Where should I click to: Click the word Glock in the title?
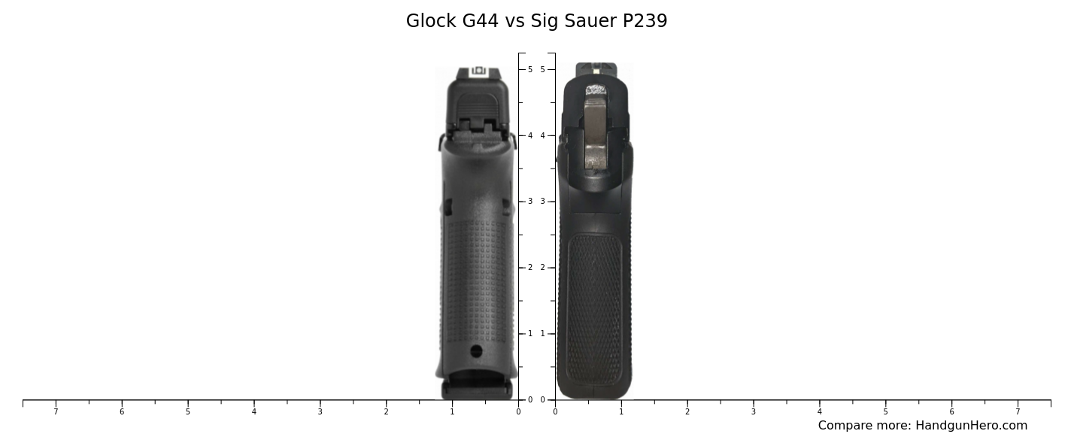pyautogui.click(x=426, y=21)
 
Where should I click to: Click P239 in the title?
pyautogui.click(x=645, y=21)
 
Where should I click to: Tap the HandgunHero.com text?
pyautogui.click(x=971, y=426)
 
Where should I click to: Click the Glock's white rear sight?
pyautogui.click(x=478, y=71)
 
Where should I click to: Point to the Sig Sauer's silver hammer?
pyautogui.click(x=596, y=128)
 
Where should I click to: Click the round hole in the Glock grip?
pyautogui.click(x=476, y=351)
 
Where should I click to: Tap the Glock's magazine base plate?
pyautogui.click(x=477, y=389)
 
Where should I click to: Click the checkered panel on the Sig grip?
pyautogui.click(x=594, y=308)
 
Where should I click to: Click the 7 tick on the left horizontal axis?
pyautogui.click(x=56, y=411)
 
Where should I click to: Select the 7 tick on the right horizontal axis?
pyautogui.click(x=1018, y=411)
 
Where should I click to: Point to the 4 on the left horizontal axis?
pyautogui.click(x=253, y=411)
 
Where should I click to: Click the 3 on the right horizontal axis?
pyautogui.click(x=753, y=411)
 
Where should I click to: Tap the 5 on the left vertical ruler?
pyautogui.click(x=530, y=69)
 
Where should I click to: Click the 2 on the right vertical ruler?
pyautogui.click(x=542, y=268)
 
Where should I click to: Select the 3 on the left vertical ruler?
pyautogui.click(x=530, y=202)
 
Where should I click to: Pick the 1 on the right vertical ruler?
pyautogui.click(x=542, y=334)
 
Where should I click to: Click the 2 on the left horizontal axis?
pyautogui.click(x=386, y=411)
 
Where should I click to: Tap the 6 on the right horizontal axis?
pyautogui.click(x=951, y=411)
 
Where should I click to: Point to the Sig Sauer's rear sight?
pyautogui.click(x=596, y=70)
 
